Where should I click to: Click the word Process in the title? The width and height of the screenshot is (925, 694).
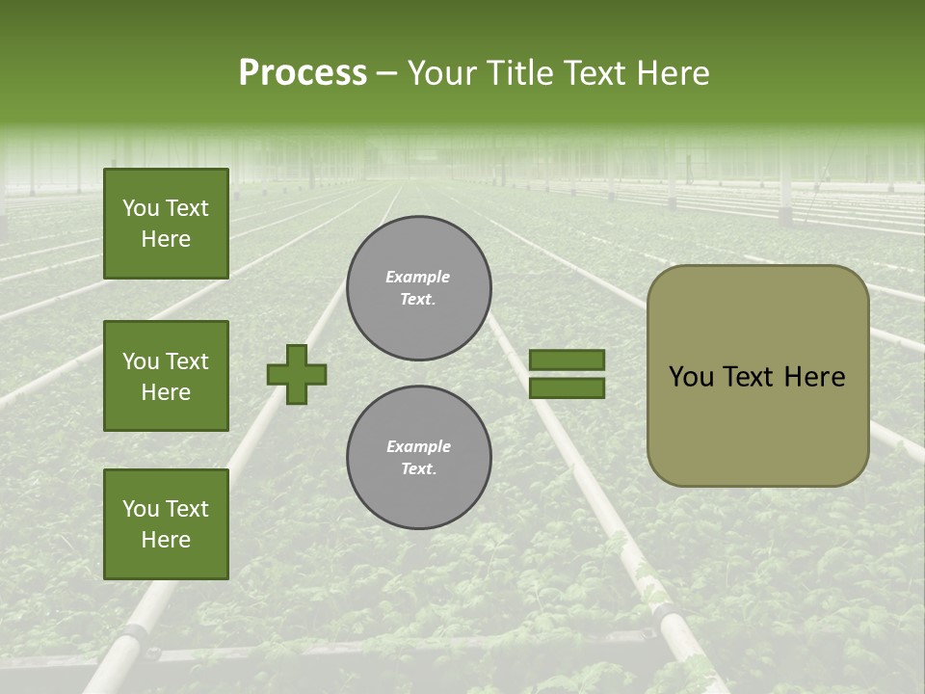[x=303, y=73]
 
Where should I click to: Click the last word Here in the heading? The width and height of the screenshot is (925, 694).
[x=672, y=73]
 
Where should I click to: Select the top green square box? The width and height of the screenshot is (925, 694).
[x=166, y=224]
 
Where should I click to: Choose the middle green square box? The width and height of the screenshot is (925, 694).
[x=166, y=376]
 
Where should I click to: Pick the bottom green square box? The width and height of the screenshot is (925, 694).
[x=166, y=524]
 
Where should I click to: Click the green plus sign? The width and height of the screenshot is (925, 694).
[x=297, y=374]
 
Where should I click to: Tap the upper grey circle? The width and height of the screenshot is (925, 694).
[x=419, y=288]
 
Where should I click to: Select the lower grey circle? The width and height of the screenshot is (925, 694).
[x=419, y=458]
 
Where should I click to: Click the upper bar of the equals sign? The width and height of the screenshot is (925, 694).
[x=567, y=360]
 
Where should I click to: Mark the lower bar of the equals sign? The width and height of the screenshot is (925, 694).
[x=567, y=388]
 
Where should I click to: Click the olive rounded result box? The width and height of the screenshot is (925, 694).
[x=757, y=375]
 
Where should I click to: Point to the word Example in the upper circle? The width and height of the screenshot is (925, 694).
[x=418, y=277]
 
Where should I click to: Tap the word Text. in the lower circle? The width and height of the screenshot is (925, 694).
[x=418, y=469]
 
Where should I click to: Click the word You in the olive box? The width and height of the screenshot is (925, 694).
[x=692, y=377]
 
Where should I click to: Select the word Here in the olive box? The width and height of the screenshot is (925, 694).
[x=814, y=377]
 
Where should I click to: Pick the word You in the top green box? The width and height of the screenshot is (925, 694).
[x=140, y=208]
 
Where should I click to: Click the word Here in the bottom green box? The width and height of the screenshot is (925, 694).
[x=166, y=540]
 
